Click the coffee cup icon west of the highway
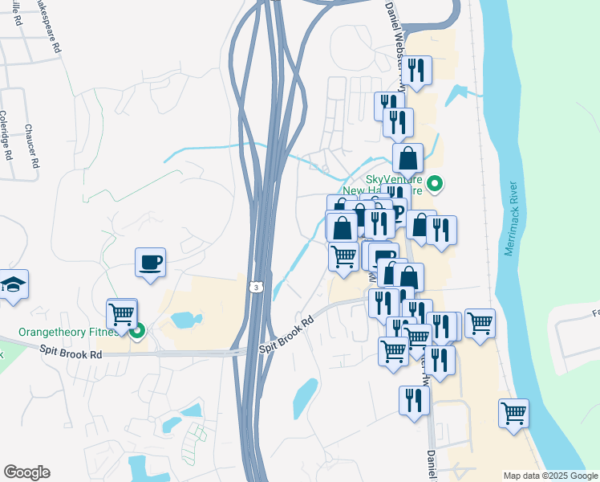150,263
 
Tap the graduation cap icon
13,284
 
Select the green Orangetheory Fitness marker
137,329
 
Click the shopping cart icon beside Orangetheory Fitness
122,313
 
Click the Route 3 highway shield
255,286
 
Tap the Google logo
26,472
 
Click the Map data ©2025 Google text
550,476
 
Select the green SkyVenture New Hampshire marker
435,184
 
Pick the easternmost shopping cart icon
513,414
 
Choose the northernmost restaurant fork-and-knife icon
416,71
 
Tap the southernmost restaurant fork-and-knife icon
414,401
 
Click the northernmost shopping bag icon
407,158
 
